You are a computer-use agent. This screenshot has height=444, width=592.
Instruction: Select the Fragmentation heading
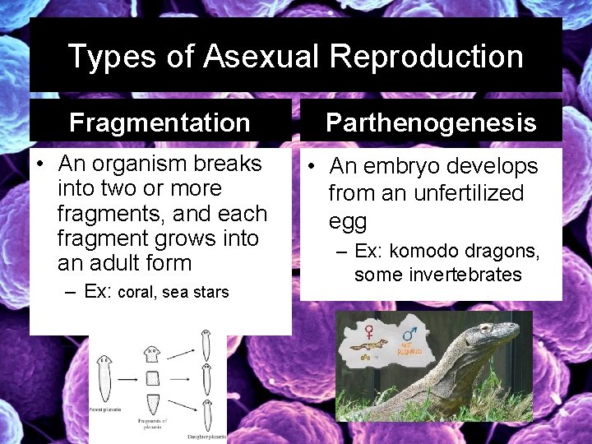(x=160, y=123)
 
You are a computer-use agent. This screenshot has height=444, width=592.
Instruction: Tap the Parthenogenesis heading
(x=431, y=123)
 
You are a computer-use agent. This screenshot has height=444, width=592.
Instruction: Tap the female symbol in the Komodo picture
(x=370, y=331)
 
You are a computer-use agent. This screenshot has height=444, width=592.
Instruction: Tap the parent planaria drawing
(x=105, y=379)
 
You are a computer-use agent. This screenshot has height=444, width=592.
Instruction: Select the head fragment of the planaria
(x=151, y=354)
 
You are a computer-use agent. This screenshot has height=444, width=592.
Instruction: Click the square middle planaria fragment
(x=152, y=379)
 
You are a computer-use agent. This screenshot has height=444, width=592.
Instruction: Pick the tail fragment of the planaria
(x=152, y=406)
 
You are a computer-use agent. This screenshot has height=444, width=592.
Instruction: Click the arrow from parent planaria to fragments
(x=127, y=380)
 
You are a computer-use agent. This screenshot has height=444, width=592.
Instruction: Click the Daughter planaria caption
(x=205, y=436)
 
